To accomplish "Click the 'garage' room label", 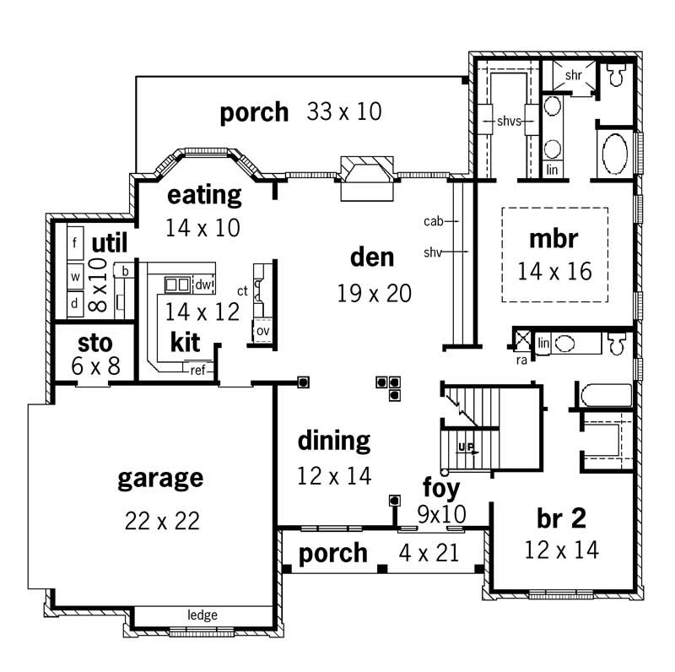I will tap(160, 479).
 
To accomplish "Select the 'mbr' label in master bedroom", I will tap(553, 239).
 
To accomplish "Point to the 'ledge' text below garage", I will tap(202, 615).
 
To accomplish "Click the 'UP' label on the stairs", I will tap(464, 447).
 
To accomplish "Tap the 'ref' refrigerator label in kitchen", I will tap(197, 369).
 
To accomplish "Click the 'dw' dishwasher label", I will tap(202, 285).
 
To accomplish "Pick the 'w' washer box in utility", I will tap(74, 275).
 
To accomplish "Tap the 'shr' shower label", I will tap(574, 75).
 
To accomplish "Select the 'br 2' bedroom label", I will tap(561, 518).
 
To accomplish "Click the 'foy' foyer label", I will tap(441, 487).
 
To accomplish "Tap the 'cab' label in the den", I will tap(433, 221).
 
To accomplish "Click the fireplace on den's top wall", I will tap(367, 178).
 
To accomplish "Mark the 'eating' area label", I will tap(204, 195).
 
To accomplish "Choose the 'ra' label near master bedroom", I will tap(522, 359).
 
